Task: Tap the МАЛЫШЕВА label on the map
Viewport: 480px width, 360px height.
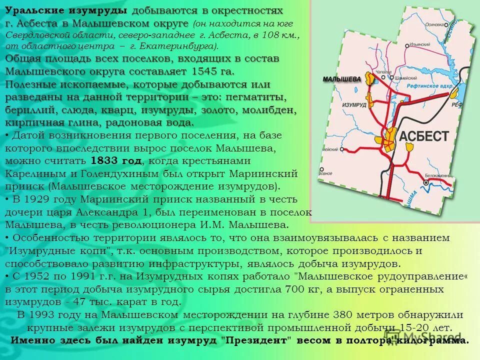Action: [x=342, y=78]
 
